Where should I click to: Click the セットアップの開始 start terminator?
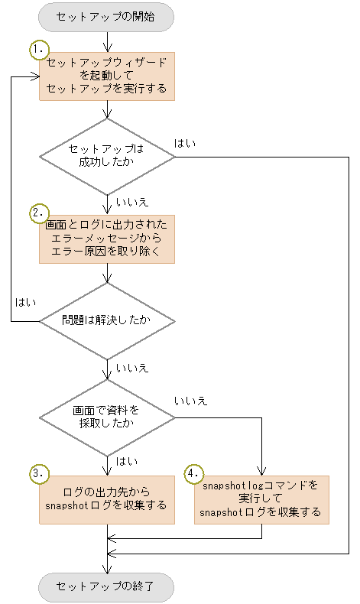pos(106,17)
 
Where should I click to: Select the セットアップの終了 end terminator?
pos(106,587)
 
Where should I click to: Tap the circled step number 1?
pos(39,49)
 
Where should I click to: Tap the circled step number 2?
pos(39,213)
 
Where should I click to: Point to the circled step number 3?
pos(39,475)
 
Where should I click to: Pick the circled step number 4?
pos(195,475)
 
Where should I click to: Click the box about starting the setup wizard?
pos(107,76)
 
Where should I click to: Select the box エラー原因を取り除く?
pos(107,239)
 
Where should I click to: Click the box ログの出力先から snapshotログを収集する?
pos(107,498)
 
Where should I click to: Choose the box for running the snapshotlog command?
pos(261,498)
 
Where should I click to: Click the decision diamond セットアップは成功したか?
pos(107,157)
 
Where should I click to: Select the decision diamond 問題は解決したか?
pos(107,321)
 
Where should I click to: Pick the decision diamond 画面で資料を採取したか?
pos(107,417)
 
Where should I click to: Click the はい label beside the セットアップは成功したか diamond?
pos(184,143)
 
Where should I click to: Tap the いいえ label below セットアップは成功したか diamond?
pos(131,203)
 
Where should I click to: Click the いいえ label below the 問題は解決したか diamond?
pos(131,368)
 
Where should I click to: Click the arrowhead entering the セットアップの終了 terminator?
pos(107,568)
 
